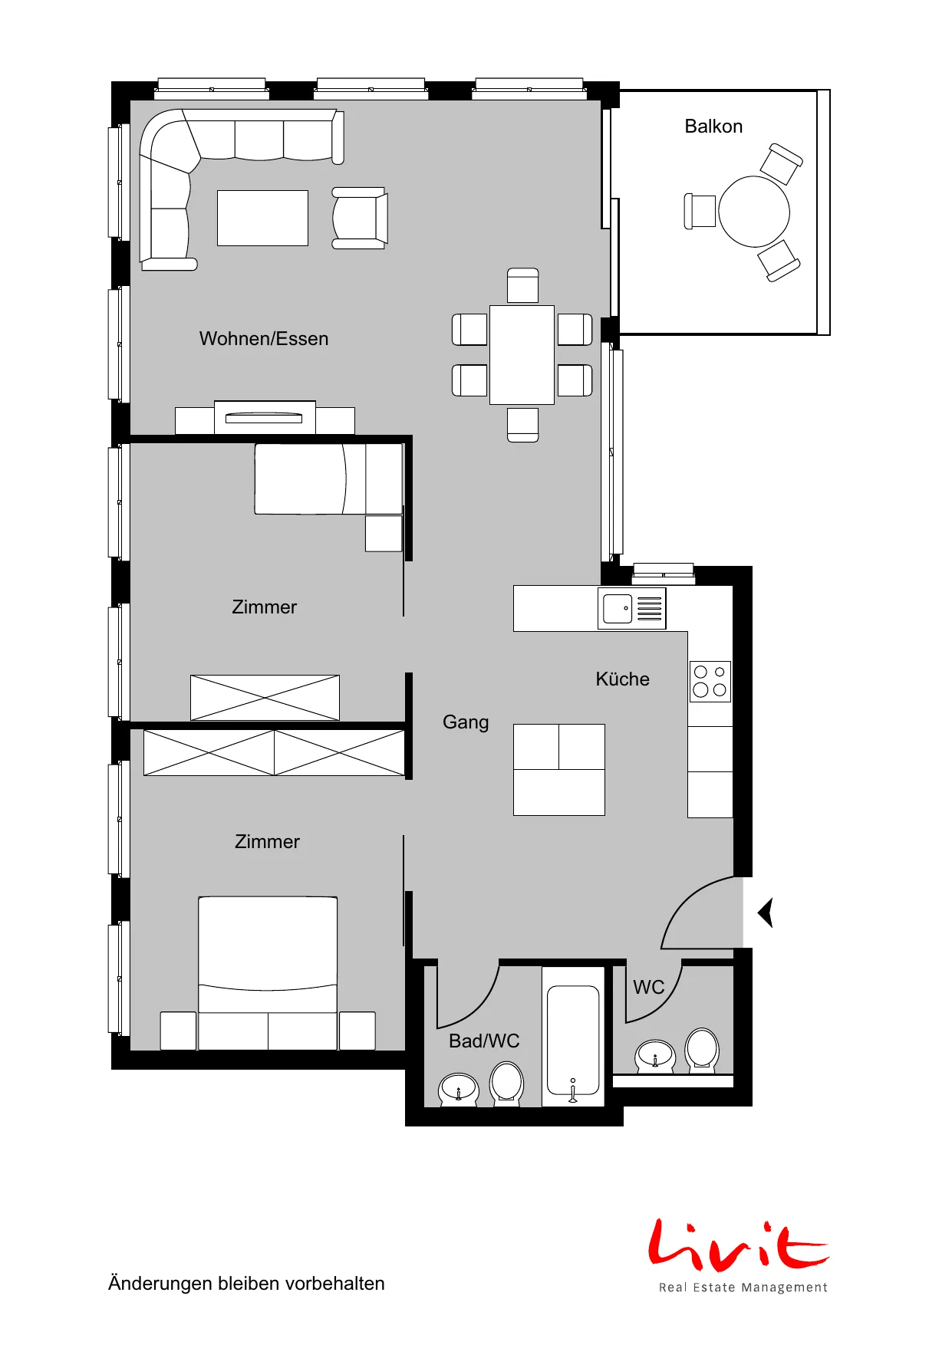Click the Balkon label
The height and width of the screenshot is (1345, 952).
(713, 127)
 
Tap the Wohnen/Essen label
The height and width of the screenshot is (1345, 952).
(264, 339)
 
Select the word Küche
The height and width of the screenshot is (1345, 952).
(623, 679)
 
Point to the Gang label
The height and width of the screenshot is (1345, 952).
(466, 722)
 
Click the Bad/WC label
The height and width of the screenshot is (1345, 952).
(484, 1041)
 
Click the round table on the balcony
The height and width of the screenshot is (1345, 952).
(754, 212)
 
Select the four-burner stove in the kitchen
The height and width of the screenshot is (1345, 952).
(710, 682)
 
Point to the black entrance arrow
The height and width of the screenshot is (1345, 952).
(765, 913)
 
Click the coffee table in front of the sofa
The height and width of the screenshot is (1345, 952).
(262, 219)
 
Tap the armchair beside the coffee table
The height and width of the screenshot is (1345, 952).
(360, 218)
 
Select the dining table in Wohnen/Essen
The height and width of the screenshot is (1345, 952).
(522, 355)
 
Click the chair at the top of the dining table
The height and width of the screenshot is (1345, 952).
(523, 285)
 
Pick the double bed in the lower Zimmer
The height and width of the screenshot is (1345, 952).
(268, 973)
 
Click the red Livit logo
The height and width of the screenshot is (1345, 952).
(739, 1244)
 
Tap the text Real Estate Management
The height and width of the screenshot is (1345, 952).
(743, 1287)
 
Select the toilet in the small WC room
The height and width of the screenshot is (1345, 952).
(702, 1049)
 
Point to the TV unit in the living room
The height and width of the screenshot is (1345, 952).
(265, 418)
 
